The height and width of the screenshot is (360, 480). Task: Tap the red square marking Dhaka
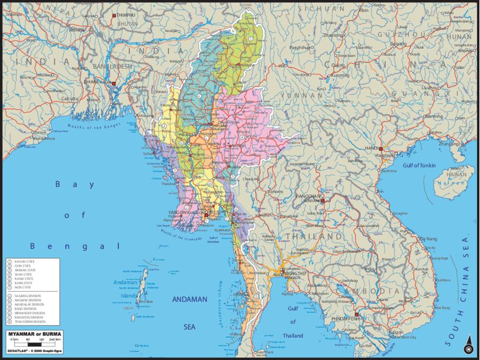click(114, 83)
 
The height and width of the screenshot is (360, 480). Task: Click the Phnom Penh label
click(346, 318)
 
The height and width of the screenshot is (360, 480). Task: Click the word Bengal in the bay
click(74, 246)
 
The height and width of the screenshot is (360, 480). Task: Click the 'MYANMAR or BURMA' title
click(33, 334)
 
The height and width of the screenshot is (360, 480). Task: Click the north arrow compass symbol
click(467, 348)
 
